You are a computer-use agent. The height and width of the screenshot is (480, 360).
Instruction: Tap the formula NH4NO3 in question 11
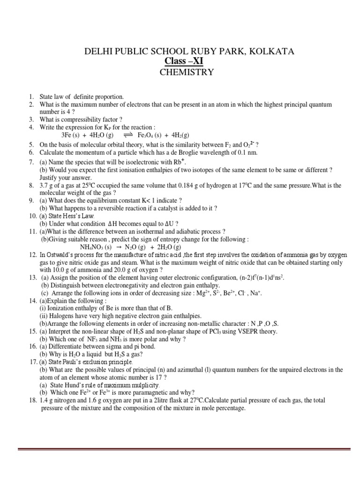(91, 247)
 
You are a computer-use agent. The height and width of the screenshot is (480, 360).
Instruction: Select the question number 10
(32, 216)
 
